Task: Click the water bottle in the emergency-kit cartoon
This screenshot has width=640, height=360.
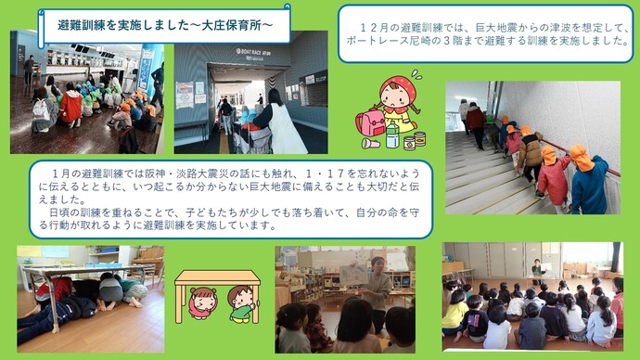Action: [x=392, y=137]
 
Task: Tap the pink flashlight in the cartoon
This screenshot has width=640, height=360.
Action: [x=372, y=144]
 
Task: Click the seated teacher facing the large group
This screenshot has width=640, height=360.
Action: [x=537, y=271]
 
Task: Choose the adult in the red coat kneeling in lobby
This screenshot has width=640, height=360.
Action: [x=71, y=107]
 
